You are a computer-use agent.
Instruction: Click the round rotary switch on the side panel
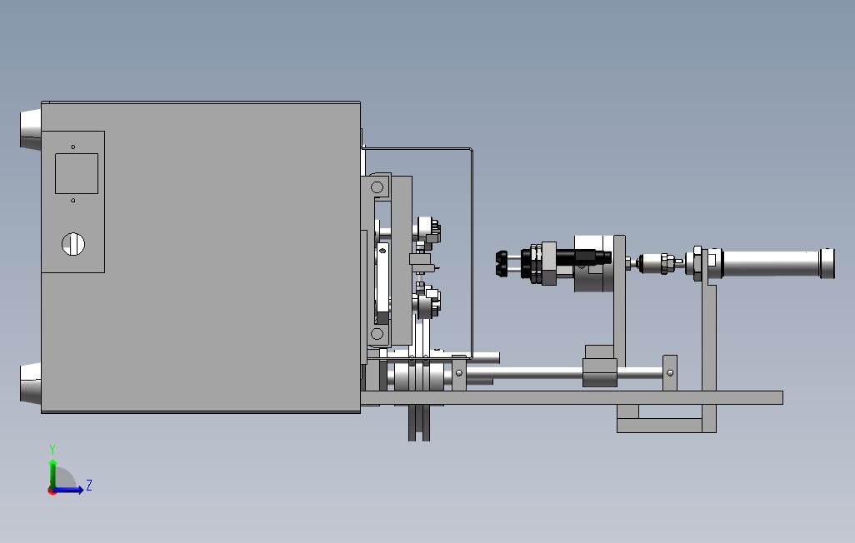[73, 244]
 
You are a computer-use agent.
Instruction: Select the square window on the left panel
[77, 173]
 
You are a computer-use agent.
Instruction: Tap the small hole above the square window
[73, 147]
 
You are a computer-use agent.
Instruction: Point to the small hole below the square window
[73, 200]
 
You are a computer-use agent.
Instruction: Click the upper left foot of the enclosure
[31, 128]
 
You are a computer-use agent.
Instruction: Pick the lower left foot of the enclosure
[31, 383]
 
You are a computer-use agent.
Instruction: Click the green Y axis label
[52, 449]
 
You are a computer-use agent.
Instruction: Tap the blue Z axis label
[89, 485]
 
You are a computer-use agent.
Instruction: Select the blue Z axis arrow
[68, 490]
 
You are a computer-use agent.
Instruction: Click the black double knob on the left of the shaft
[502, 263]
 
